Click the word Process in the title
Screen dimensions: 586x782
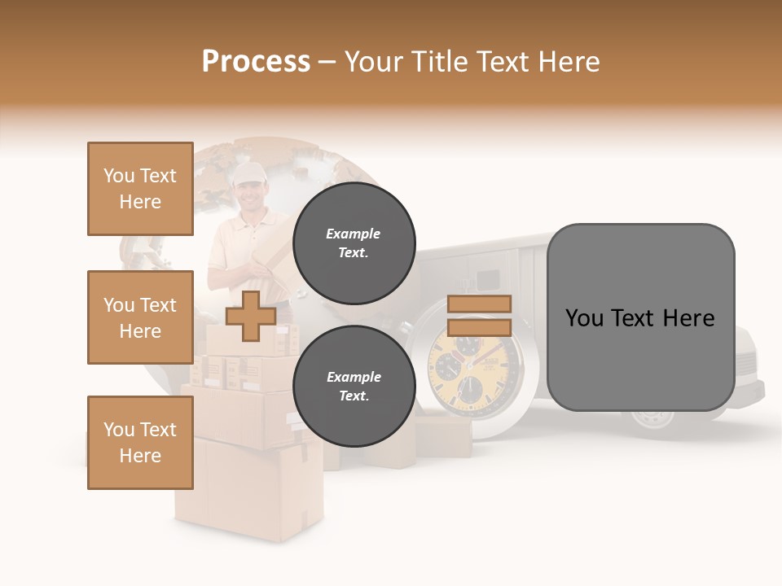pyautogui.click(x=256, y=62)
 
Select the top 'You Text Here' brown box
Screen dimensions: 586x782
pyautogui.click(x=140, y=189)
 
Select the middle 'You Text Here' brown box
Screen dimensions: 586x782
pyautogui.click(x=140, y=317)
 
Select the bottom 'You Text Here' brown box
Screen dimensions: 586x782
pyautogui.click(x=140, y=443)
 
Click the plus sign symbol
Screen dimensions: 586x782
pyautogui.click(x=250, y=316)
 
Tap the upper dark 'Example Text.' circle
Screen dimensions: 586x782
pyautogui.click(x=354, y=243)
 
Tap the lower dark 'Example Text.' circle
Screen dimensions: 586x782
pyautogui.click(x=354, y=387)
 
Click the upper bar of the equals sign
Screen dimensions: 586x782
pyautogui.click(x=479, y=304)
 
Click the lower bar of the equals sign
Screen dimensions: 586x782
pyautogui.click(x=479, y=327)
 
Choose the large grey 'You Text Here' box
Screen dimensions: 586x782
pyautogui.click(x=640, y=317)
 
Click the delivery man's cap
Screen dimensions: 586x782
pyautogui.click(x=248, y=171)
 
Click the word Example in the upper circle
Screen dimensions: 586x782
pyautogui.click(x=354, y=234)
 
